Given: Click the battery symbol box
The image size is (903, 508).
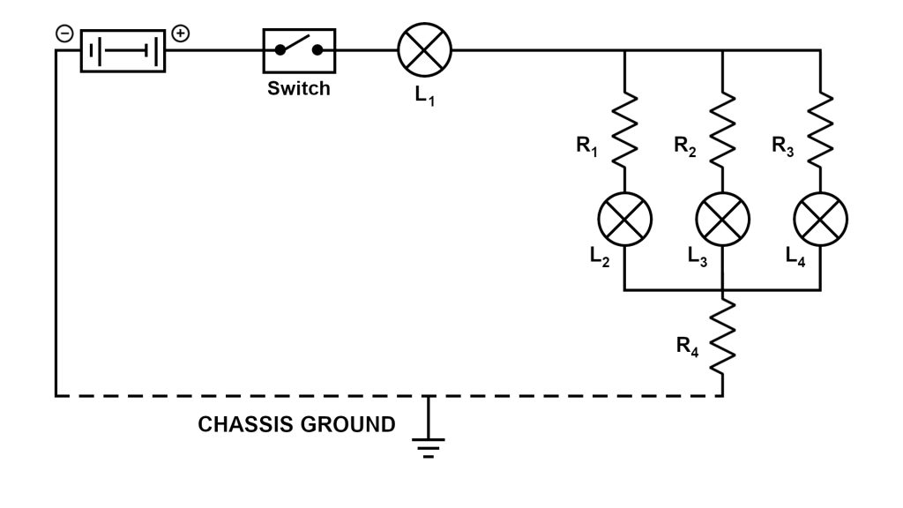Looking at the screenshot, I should pos(123,50).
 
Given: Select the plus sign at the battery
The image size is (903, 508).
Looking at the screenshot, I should pos(180,34).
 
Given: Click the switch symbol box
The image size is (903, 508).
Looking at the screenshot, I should pos(300,50).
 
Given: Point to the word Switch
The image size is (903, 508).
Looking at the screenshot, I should pos(299,88).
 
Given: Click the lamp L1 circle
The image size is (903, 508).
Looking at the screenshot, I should pos(425,50).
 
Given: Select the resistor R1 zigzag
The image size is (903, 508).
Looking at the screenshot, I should pos(625,128).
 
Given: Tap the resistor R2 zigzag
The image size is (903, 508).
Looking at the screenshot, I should pos(723,128).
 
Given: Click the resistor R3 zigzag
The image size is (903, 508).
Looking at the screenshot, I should pos(821,128).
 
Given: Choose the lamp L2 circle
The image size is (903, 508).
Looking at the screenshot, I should pos(625,220).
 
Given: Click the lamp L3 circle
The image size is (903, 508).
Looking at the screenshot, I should pos(723,220).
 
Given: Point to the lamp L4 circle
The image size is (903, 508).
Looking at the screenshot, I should pos(821,220).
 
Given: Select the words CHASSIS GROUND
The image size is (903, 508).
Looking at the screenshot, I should pos(297,425).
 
